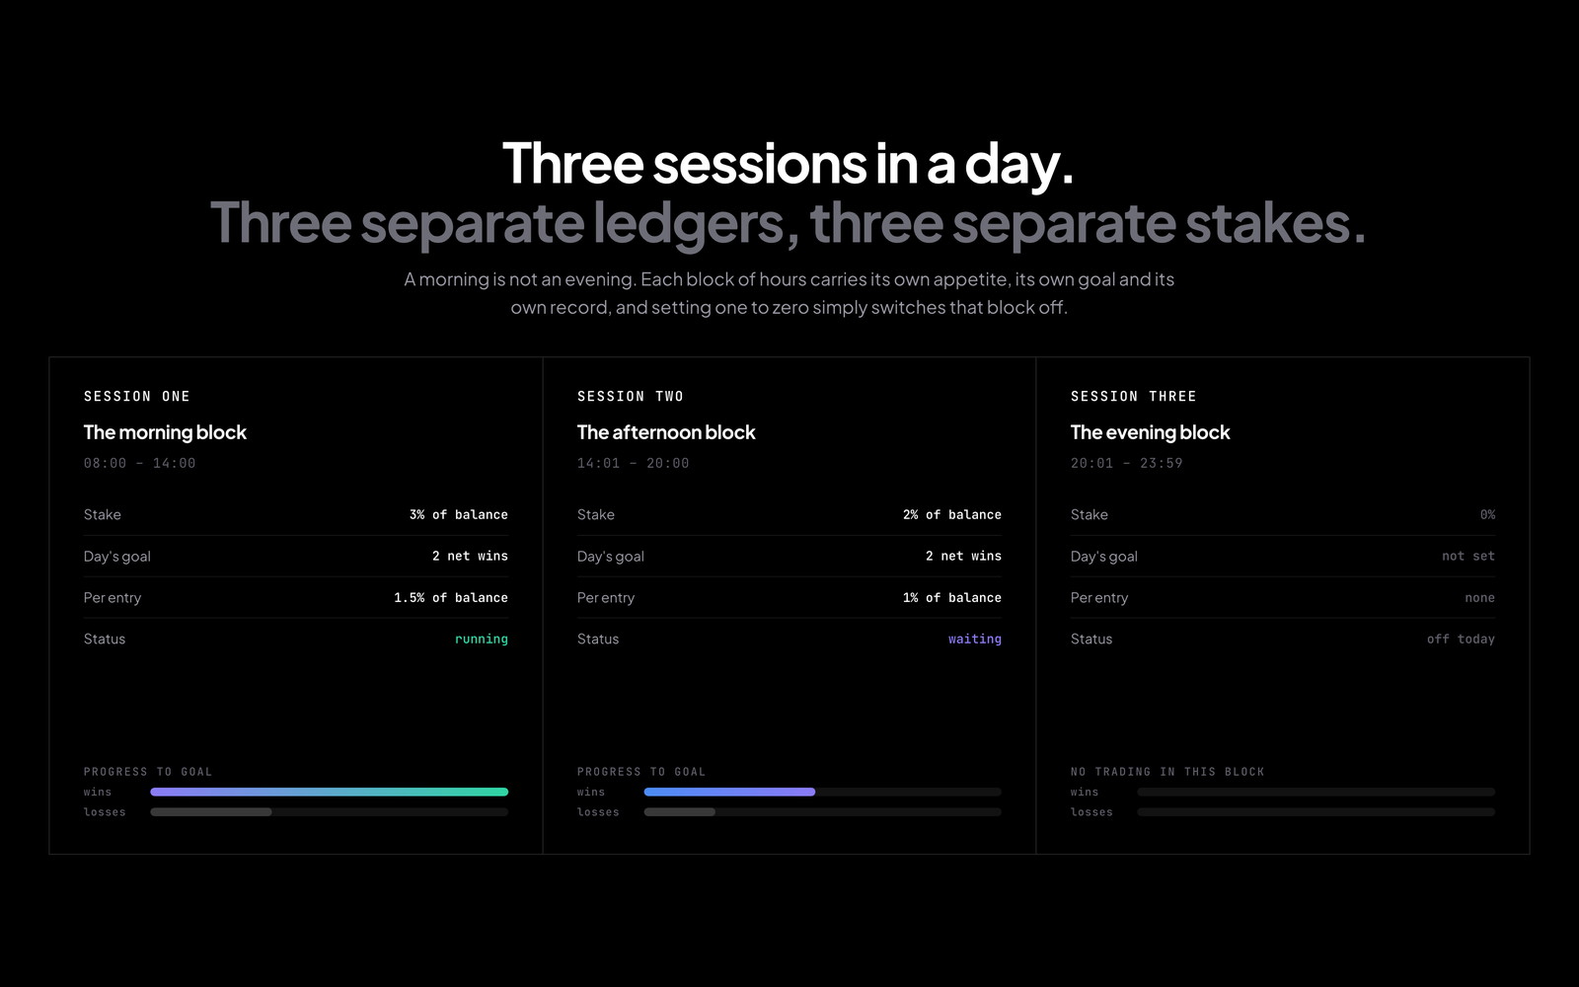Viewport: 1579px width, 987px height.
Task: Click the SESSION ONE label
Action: (x=137, y=396)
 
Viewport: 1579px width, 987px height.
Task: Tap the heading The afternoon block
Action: (x=666, y=432)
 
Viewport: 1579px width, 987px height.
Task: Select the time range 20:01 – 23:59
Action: (x=1126, y=463)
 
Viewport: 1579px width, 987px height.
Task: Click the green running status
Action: (x=482, y=639)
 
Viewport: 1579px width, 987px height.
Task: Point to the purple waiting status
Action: (x=975, y=639)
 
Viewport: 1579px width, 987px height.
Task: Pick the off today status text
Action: (x=1461, y=639)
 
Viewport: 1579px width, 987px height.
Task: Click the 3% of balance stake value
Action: (x=458, y=514)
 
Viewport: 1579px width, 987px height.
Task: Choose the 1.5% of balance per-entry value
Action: (x=450, y=598)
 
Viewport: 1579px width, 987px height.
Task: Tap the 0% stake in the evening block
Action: (x=1487, y=514)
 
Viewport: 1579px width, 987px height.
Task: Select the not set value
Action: (x=1468, y=557)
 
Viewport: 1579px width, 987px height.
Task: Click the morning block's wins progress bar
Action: (x=330, y=792)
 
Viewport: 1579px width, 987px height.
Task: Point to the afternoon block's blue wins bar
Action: (x=729, y=792)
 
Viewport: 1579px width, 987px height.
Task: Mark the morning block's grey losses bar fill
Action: (x=211, y=812)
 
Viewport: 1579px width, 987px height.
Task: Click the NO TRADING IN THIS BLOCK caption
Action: (x=1167, y=772)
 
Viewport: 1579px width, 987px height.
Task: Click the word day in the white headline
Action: (x=1018, y=165)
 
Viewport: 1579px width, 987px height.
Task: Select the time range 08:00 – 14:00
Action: (x=139, y=463)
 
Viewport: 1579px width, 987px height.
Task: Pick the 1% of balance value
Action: (x=951, y=598)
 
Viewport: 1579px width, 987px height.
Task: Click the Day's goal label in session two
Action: (x=611, y=557)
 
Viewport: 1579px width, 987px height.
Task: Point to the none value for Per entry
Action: (x=1479, y=598)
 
